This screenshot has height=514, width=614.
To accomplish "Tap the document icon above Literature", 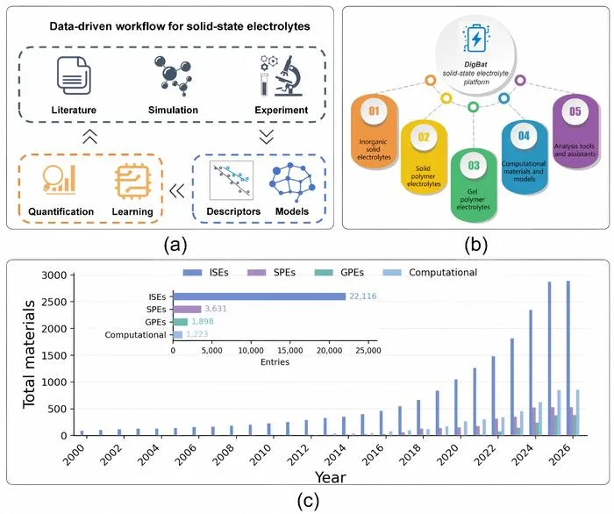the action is pyautogui.click(x=74, y=75).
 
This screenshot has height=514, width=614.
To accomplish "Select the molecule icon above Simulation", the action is pyautogui.click(x=173, y=75).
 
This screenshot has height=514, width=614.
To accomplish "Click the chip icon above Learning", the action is pyautogui.click(x=132, y=182).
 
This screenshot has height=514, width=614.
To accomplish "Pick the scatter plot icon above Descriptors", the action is pyautogui.click(x=232, y=180).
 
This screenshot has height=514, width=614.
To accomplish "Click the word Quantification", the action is pyautogui.click(x=61, y=211).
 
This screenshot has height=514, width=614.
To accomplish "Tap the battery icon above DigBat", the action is pyautogui.click(x=476, y=39).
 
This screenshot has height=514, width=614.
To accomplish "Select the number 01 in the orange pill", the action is pyautogui.click(x=374, y=111).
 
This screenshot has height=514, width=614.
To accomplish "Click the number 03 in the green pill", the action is pyautogui.click(x=474, y=165).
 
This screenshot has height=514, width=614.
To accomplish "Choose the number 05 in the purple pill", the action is pyautogui.click(x=575, y=111).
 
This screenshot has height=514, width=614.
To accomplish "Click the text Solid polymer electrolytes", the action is pyautogui.click(x=424, y=176).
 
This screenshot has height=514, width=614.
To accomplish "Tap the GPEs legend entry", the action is pyautogui.click(x=339, y=273).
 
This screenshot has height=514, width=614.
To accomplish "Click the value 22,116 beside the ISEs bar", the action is pyautogui.click(x=362, y=296).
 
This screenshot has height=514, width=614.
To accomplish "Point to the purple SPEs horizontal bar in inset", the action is pyautogui.click(x=187, y=310).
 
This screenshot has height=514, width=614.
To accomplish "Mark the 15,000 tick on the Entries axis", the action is pyautogui.click(x=289, y=350).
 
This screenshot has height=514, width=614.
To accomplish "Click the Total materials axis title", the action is pyautogui.click(x=29, y=354).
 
